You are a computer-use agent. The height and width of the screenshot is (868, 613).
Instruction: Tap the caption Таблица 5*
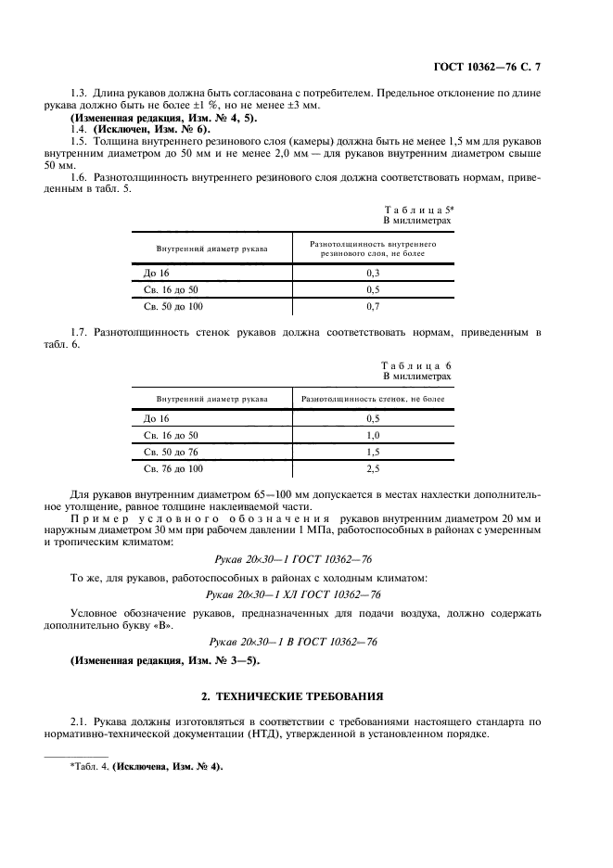point(417,211)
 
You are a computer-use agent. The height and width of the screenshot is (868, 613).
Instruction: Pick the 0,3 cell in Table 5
point(373,274)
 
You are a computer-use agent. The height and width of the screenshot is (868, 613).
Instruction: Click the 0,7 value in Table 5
point(373,305)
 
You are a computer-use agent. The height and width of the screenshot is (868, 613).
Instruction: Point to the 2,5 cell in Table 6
point(373,469)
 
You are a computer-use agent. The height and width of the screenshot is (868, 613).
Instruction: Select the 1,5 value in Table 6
point(373,452)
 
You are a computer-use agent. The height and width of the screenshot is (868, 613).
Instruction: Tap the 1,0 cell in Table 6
point(373,435)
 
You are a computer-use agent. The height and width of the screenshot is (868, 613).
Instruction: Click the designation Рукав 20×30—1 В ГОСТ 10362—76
point(291,641)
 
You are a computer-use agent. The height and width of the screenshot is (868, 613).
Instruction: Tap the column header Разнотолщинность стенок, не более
point(373,399)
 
